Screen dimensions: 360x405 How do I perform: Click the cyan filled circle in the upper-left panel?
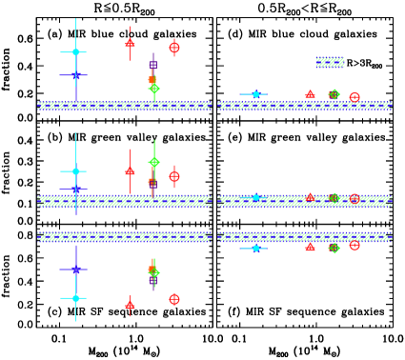click(75, 52)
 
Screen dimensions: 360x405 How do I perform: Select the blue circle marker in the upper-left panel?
click(75, 74)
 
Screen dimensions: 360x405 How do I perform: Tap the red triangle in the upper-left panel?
click(130, 43)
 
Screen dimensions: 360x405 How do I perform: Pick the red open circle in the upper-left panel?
click(174, 48)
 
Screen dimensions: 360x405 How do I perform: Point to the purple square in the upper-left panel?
click(152, 65)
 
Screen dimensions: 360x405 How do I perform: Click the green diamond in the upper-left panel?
click(154, 89)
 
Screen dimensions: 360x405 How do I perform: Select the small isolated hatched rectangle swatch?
click(330, 62)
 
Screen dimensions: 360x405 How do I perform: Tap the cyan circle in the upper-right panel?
click(255, 94)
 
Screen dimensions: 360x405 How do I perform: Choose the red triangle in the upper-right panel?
click(310, 94)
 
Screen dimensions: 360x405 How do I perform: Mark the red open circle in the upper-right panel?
click(354, 97)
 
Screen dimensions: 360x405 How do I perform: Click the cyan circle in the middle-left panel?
click(75, 171)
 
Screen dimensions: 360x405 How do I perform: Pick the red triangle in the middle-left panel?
click(130, 171)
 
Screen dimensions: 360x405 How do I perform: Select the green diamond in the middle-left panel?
click(154, 162)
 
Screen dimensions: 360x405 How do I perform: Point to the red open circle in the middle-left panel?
click(174, 176)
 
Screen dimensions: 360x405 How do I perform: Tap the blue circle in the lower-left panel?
click(75, 270)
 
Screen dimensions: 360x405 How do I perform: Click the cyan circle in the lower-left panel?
click(75, 298)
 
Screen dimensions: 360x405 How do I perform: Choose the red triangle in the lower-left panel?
click(130, 305)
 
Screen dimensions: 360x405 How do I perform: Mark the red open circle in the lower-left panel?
click(174, 299)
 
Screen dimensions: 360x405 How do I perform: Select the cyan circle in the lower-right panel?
click(255, 248)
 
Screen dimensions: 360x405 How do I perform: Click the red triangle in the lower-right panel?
click(310, 247)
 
